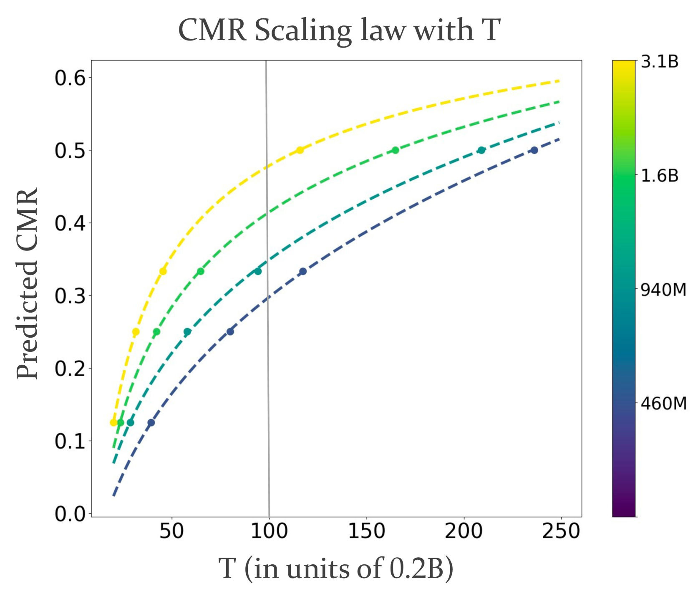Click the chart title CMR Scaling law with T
pyautogui.click(x=339, y=30)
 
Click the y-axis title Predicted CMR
pyautogui.click(x=28, y=283)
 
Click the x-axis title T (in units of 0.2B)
pyautogui.click(x=336, y=569)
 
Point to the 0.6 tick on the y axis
pyautogui.click(x=70, y=78)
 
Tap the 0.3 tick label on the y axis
pyautogui.click(x=70, y=296)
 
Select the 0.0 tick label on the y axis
pyautogui.click(x=70, y=514)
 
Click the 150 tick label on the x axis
pyautogui.click(x=366, y=531)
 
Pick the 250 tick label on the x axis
pyautogui.click(x=561, y=531)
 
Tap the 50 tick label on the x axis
pyautogui.click(x=172, y=531)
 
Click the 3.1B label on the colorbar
pyautogui.click(x=660, y=62)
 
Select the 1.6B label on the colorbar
pyautogui.click(x=660, y=176)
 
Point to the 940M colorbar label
pyautogui.click(x=663, y=290)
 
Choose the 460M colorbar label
pyautogui.click(x=663, y=404)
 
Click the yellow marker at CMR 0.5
pyautogui.click(x=300, y=150)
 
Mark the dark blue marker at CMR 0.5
pyautogui.click(x=534, y=150)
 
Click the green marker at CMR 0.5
pyautogui.click(x=395, y=150)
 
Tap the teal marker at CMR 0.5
pyautogui.click(x=481, y=150)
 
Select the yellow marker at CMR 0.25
pyautogui.click(x=136, y=332)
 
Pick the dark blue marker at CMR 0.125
pyautogui.click(x=151, y=422)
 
